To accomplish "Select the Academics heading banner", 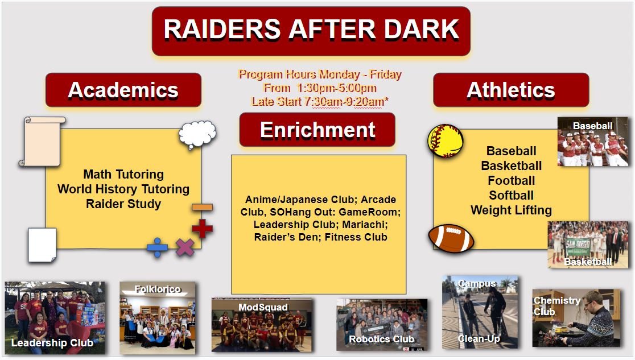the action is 123,90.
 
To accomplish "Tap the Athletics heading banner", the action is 510,90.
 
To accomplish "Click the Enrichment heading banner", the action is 317,130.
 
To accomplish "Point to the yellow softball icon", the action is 446,140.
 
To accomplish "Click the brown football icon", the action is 451,238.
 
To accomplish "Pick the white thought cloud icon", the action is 197,134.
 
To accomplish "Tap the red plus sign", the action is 202,229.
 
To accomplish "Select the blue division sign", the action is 157,247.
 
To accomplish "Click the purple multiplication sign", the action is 185,247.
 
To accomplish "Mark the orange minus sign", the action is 202,208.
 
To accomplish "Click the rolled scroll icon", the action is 42,142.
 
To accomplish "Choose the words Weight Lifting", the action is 511,210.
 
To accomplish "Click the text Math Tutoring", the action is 123,174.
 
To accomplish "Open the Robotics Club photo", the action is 381,325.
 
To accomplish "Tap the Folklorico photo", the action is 157,318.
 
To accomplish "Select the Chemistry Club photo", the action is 576,318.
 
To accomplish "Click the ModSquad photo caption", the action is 263,307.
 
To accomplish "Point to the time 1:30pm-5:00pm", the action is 336,88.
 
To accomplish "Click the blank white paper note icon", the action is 42,245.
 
